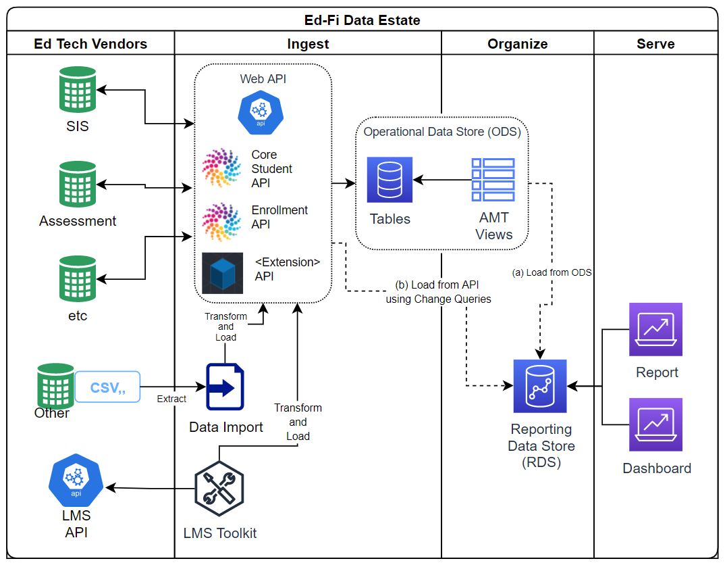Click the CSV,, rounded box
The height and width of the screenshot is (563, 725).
coord(107,387)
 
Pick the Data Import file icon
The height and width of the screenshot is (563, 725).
coord(225,387)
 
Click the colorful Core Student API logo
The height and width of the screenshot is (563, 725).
coord(221,168)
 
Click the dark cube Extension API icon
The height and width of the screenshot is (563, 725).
coord(222,273)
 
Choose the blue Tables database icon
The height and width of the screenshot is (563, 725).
coord(390,180)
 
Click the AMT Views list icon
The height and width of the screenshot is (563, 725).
coord(493,180)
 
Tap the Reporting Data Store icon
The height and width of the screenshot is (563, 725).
coord(540,386)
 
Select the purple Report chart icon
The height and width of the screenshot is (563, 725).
coord(655,329)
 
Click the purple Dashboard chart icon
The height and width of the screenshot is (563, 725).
coord(655,424)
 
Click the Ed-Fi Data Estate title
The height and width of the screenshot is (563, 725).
coord(362,20)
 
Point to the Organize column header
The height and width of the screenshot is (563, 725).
coord(517,44)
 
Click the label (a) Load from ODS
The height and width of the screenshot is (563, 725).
coord(552,272)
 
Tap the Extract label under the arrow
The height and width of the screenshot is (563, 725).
coord(171,399)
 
